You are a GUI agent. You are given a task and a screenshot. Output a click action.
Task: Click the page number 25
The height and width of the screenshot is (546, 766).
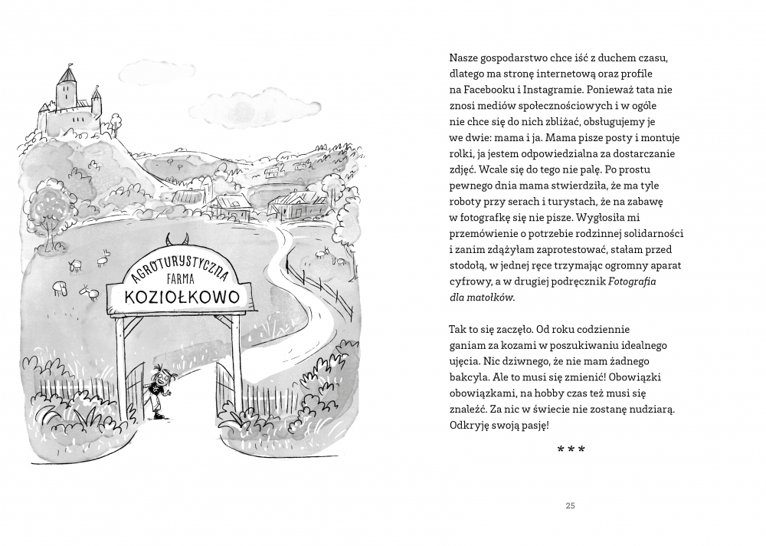[x=569, y=505]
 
